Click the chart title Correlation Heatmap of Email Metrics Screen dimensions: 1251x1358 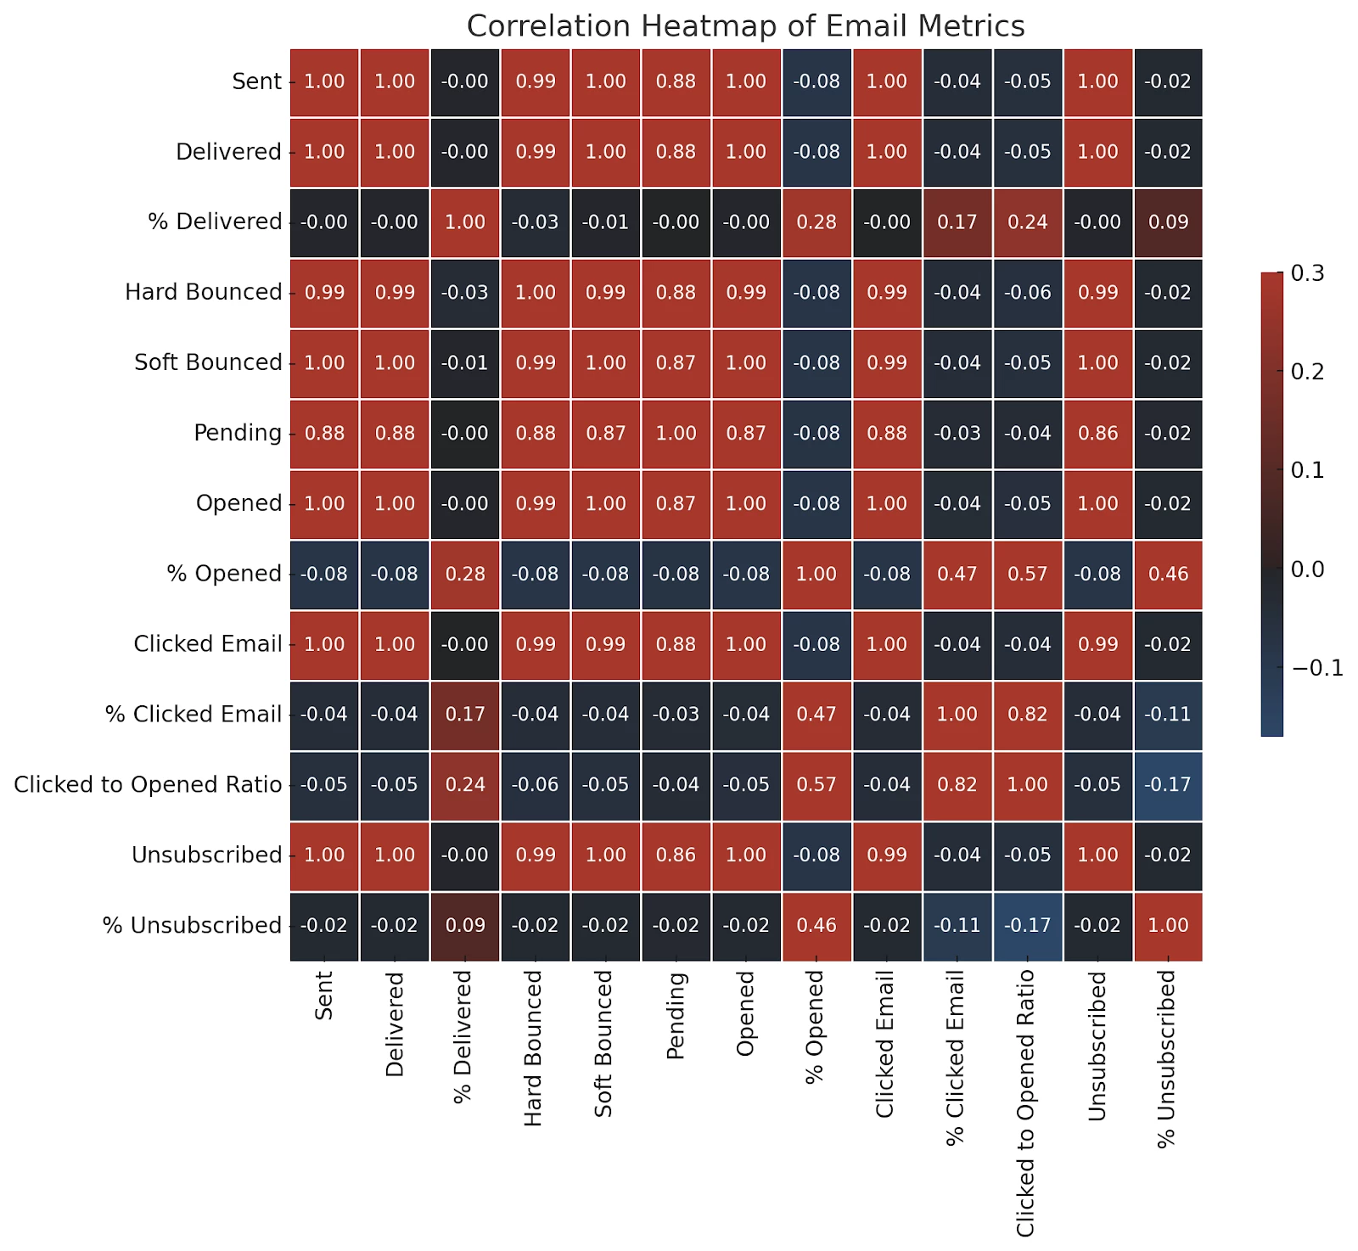(745, 26)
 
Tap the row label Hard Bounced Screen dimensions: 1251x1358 (203, 293)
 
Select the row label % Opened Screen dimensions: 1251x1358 (224, 574)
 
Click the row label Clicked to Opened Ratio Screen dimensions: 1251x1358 (148, 785)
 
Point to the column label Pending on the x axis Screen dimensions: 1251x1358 (676, 1016)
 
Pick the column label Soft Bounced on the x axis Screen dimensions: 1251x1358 (603, 1044)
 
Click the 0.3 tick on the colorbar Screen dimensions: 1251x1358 (1307, 273)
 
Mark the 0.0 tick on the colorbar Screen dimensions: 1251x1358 (1307, 569)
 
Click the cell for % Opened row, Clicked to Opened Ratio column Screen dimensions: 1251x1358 (1028, 574)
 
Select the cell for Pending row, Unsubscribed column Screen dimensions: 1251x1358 (1098, 433)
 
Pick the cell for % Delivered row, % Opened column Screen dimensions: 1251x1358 (816, 222)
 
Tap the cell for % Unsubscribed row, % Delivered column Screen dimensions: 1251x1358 (465, 925)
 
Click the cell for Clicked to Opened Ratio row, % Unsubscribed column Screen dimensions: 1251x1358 (1168, 785)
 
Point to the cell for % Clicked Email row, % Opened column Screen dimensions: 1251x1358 (816, 715)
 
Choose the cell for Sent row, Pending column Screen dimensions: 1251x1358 (676, 81)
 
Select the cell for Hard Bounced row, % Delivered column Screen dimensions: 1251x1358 (465, 293)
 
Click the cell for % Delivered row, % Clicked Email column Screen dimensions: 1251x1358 (957, 222)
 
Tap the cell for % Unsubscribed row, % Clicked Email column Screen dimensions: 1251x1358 (957, 925)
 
